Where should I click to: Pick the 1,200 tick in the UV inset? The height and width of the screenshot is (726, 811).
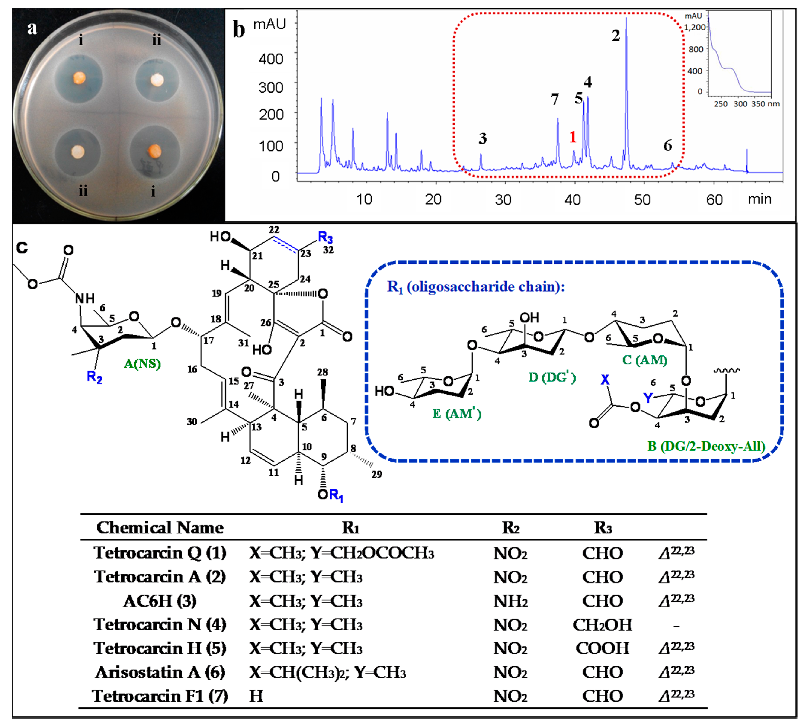pos(695,27)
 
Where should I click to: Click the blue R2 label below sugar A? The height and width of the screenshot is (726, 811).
pos(94,377)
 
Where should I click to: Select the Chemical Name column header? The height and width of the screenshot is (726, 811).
pos(160,528)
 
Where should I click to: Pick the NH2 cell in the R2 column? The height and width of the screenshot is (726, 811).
pos(511,601)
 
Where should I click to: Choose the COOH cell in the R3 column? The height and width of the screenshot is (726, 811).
pos(602,649)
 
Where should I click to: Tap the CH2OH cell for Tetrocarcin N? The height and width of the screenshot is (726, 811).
pos(602,625)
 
